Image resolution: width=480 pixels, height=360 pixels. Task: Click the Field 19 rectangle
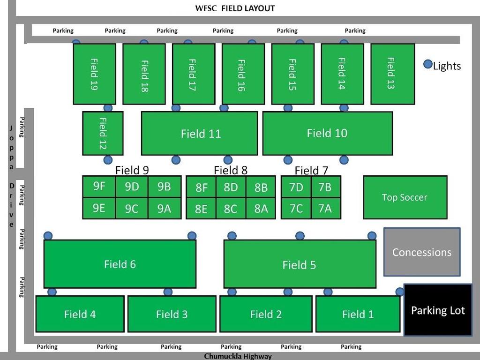(94, 74)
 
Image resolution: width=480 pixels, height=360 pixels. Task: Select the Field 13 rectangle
(392, 74)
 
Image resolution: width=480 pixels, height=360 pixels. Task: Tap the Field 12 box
(103, 133)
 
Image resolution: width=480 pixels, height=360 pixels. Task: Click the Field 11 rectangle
(199, 134)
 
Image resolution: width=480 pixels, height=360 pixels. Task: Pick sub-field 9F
(99, 187)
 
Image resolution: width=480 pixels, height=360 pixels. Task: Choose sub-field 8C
(231, 209)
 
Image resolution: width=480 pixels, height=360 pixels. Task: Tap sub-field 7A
(325, 208)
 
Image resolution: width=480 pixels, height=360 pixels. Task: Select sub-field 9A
(164, 209)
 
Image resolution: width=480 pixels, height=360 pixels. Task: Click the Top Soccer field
(405, 197)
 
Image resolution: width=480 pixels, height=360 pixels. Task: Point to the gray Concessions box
(422, 252)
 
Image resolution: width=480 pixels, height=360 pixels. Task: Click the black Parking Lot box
(438, 310)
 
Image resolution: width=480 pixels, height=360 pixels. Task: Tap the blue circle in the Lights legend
(427, 65)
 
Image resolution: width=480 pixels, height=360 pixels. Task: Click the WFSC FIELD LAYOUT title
(235, 8)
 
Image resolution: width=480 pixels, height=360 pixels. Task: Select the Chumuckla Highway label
(238, 356)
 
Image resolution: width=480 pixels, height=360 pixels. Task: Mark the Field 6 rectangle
(120, 264)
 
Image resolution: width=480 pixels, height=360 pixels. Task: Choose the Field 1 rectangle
(358, 314)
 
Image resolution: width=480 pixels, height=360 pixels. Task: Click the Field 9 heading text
(132, 170)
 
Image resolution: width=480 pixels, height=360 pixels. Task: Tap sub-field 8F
(201, 188)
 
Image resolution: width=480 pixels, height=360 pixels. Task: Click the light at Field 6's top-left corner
(48, 235)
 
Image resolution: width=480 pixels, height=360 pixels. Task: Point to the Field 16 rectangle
(243, 74)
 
